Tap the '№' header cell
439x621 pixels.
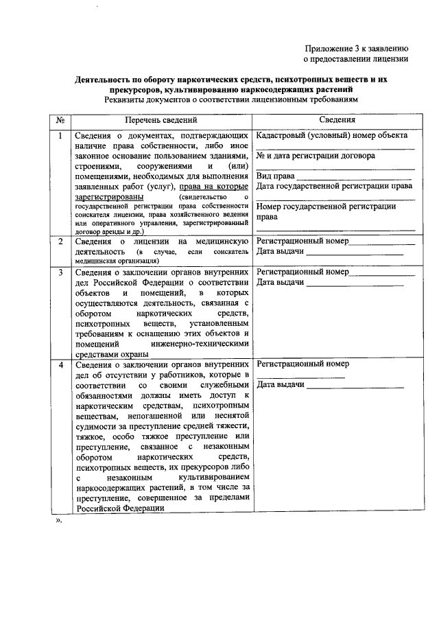point(60,120)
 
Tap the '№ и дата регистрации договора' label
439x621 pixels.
point(315,156)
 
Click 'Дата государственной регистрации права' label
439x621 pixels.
point(333,186)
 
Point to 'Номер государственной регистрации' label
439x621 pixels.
point(325,206)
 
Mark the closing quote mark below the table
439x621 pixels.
point(59,521)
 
